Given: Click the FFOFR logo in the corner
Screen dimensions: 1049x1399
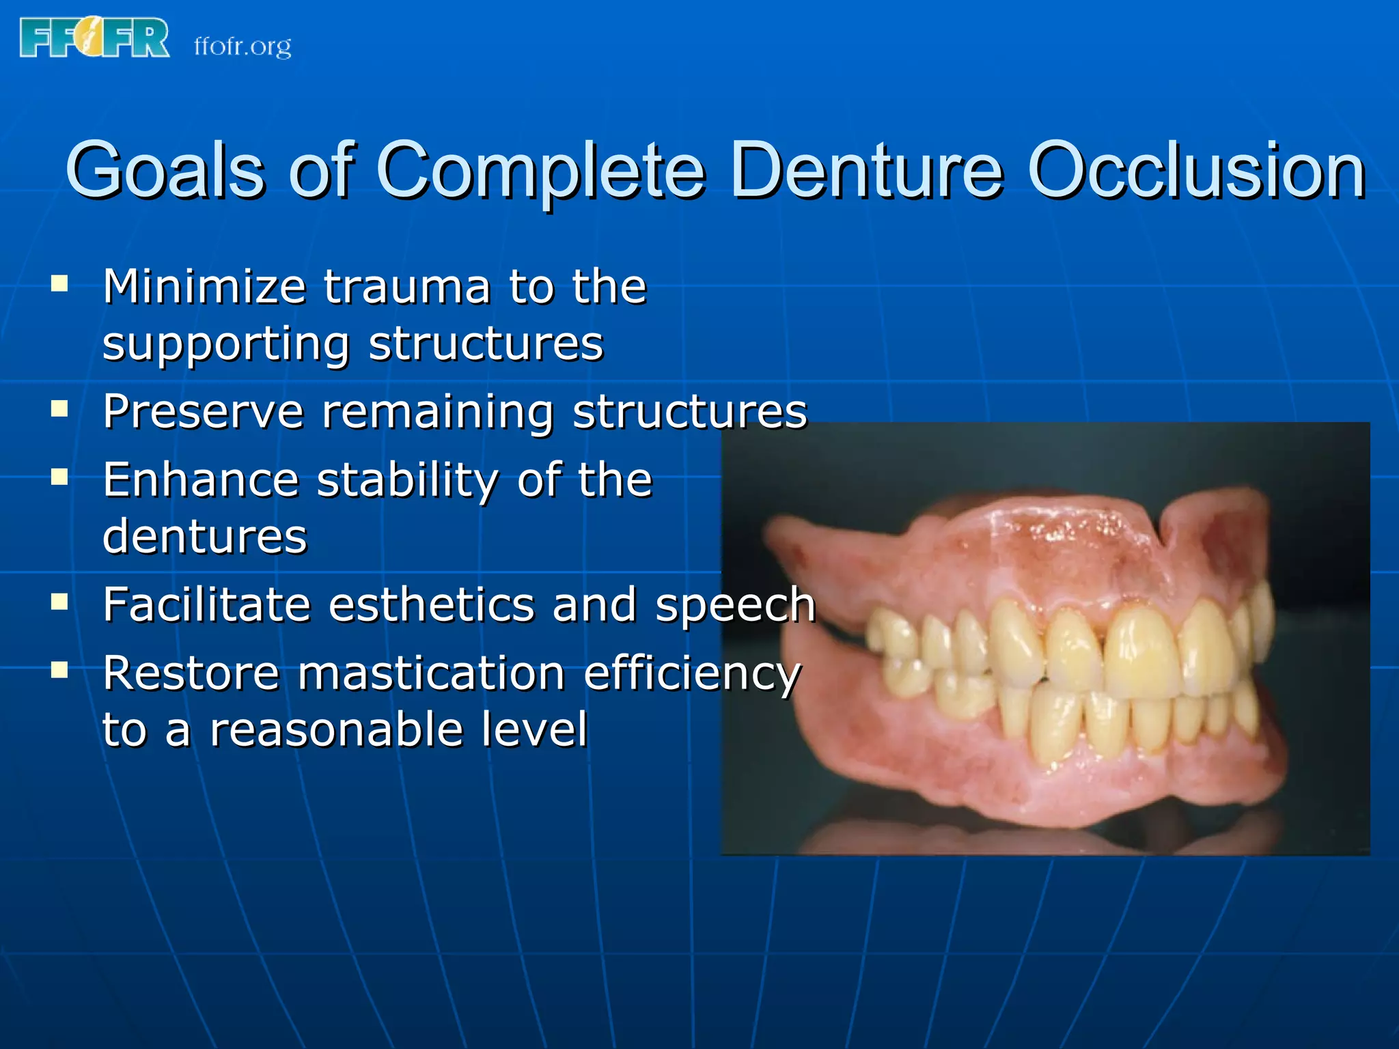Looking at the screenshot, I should [94, 38].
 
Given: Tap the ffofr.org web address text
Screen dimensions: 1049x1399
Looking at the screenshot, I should [243, 46].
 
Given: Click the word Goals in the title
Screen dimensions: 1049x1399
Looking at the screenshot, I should [165, 171].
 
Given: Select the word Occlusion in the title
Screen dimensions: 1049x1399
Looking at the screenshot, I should [1196, 171].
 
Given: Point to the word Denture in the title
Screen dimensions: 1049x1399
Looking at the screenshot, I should [866, 171].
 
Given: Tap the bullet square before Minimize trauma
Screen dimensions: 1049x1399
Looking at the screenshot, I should [59, 283].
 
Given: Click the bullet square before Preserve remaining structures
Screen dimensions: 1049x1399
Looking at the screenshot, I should [59, 409].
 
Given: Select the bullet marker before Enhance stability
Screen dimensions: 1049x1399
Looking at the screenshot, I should [59, 476].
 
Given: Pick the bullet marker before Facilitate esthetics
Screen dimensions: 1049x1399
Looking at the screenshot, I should [59, 602].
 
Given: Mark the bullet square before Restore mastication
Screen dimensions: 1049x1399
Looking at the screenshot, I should [59, 670].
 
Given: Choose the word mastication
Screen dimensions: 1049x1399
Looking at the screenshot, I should [431, 673].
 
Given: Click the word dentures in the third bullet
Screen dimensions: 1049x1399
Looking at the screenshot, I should [205, 536].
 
